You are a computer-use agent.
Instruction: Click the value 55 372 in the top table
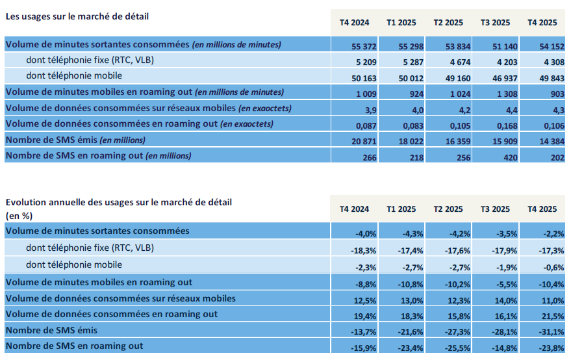pyautogui.click(x=356, y=47)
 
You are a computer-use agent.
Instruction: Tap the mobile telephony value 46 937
pyautogui.click(x=495, y=79)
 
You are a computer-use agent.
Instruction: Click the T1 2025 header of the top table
pyautogui.click(x=401, y=22)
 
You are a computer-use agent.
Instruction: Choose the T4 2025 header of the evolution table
pyautogui.click(x=542, y=209)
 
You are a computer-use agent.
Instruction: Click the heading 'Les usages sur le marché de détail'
pyautogui.click(x=77, y=16)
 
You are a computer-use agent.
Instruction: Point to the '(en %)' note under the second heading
pyautogui.click(x=19, y=214)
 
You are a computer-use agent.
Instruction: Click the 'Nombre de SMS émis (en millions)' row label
pyautogui.click(x=75, y=140)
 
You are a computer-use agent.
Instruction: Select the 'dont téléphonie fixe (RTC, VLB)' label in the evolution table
pyautogui.click(x=90, y=248)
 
